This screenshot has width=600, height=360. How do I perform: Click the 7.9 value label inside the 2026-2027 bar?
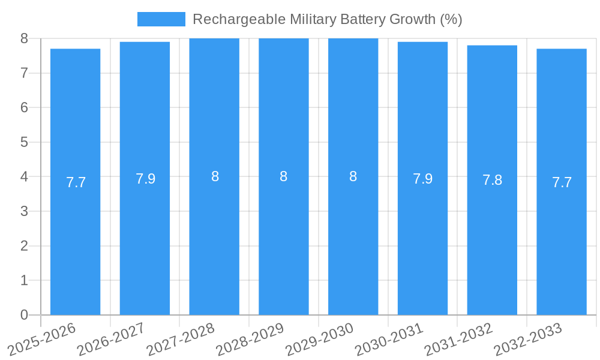pyautogui.click(x=145, y=179)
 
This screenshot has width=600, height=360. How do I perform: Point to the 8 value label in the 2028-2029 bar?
pyautogui.click(x=284, y=176)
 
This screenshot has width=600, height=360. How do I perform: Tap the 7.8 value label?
pyautogui.click(x=492, y=180)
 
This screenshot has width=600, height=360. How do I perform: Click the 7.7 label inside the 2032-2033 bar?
pyautogui.click(x=562, y=182)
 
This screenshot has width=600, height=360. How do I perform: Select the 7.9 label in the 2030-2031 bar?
pyautogui.click(x=422, y=179)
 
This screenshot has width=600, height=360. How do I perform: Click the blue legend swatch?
pyautogui.click(x=161, y=19)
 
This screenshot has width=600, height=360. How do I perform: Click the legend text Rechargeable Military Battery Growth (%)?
pyautogui.click(x=327, y=19)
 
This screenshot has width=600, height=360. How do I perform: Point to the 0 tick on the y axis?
pyautogui.click(x=24, y=315)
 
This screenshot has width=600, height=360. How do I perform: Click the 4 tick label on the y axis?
pyautogui.click(x=24, y=177)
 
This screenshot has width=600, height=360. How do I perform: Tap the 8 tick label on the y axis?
pyautogui.click(x=24, y=38)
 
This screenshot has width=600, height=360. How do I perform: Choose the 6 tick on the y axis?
pyautogui.click(x=24, y=108)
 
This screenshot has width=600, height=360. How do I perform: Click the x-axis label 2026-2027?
pyautogui.click(x=112, y=339)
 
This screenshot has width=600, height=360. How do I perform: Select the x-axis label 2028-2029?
pyautogui.click(x=250, y=339)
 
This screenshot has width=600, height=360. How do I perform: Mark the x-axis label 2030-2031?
pyautogui.click(x=389, y=339)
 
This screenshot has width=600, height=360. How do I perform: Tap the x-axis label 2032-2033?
pyautogui.click(x=528, y=339)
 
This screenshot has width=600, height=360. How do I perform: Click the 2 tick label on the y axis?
pyautogui.click(x=24, y=246)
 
